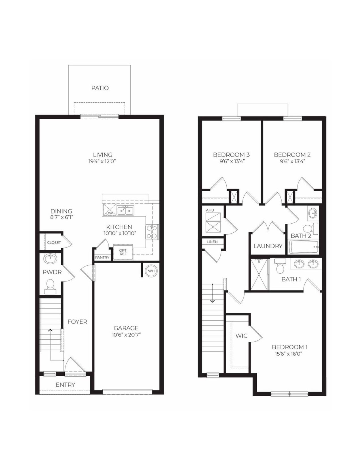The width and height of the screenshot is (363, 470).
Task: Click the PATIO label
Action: pos(100,88)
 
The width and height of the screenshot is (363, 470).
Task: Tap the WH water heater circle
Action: pos(151,271)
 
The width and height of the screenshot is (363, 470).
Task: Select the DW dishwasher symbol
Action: pos(109,210)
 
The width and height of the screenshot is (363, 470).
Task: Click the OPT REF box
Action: pos(123,252)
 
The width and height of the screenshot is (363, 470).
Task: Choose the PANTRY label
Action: pos(102,257)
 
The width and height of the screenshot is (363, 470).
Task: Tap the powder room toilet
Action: pos(50,286)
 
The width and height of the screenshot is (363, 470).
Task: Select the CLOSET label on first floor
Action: pos(54,243)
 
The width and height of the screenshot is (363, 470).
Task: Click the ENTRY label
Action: pos(65,385)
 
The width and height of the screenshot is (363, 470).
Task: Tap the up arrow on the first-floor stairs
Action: pos(50,330)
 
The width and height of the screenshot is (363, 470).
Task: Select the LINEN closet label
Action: pos(212,242)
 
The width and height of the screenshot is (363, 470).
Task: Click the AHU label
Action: pos(210,210)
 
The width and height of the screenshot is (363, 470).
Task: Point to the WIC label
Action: pos(241,336)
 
